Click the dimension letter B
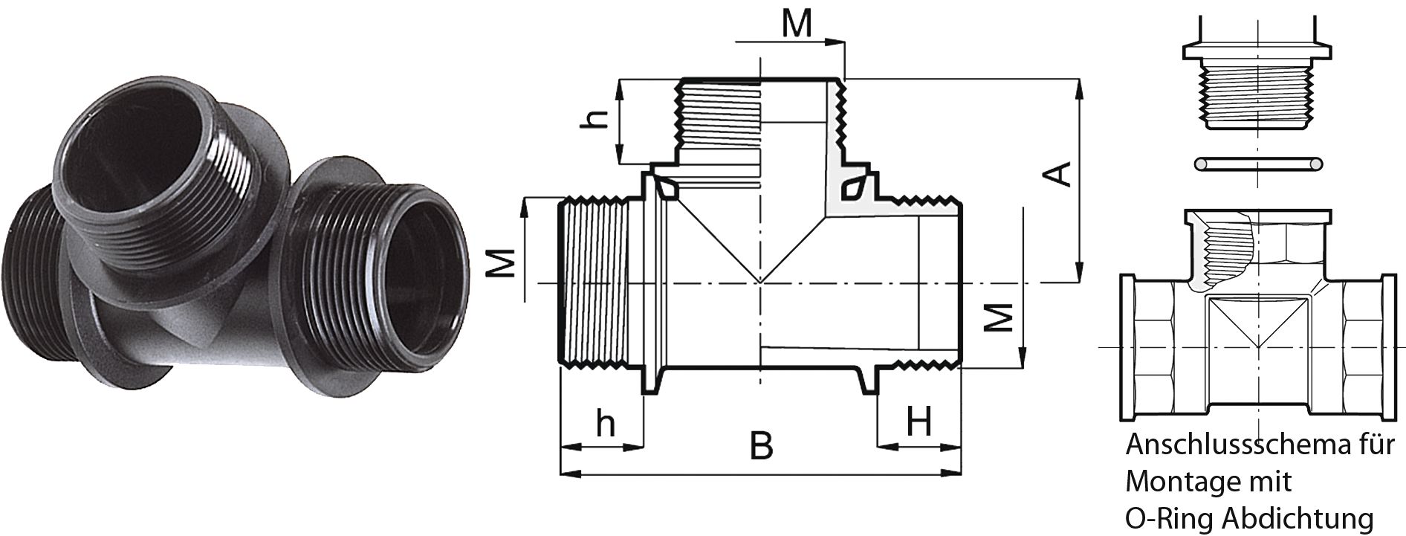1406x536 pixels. click(x=762, y=446)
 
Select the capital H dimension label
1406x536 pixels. click(x=919, y=424)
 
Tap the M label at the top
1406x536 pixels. click(x=797, y=24)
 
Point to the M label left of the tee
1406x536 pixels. click(x=504, y=262)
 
